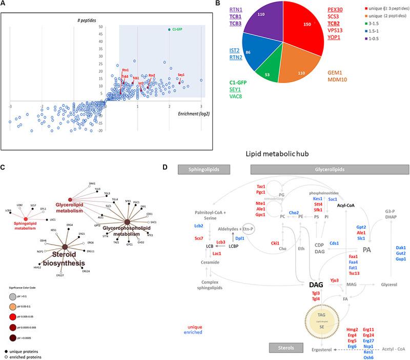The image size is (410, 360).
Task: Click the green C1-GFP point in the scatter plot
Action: click(169, 29)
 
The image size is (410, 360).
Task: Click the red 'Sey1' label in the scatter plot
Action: click(181, 75)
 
